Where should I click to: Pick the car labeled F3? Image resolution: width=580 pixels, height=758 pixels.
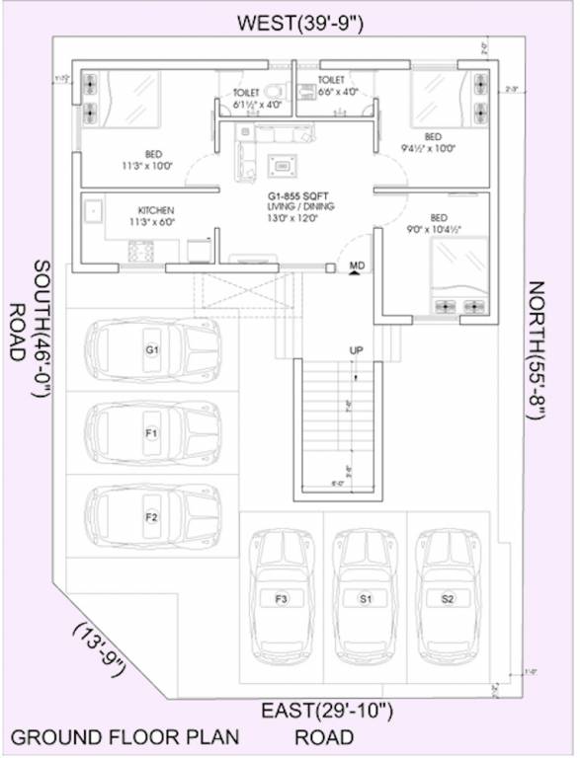(x=282, y=598)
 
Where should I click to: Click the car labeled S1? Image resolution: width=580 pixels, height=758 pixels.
(x=365, y=598)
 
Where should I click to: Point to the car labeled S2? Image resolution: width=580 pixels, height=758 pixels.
(x=448, y=598)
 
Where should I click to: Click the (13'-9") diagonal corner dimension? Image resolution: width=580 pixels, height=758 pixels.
(x=99, y=649)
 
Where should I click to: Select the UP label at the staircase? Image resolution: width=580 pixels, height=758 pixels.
(x=355, y=350)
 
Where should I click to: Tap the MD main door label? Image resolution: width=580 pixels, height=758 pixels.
(x=357, y=265)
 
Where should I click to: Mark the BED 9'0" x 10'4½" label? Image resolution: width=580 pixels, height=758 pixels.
(x=434, y=222)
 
